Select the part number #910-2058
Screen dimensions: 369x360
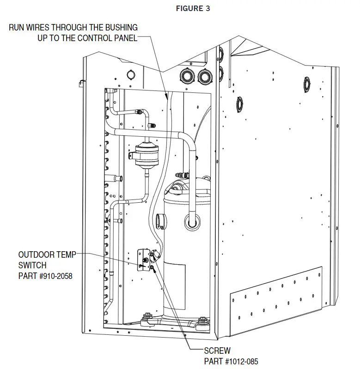pyautogui.click(x=55, y=276)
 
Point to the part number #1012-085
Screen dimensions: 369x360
pyautogui.click(x=242, y=361)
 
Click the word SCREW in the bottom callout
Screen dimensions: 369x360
pyautogui.click(x=217, y=351)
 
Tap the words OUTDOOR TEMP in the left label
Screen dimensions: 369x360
pyautogui.click(x=47, y=254)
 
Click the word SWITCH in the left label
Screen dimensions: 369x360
pyautogui.click(x=32, y=265)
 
